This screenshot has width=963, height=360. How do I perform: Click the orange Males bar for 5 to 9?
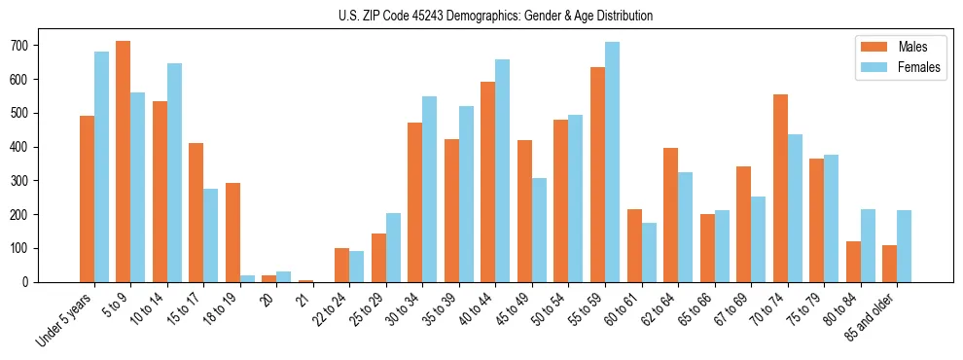pos(123,162)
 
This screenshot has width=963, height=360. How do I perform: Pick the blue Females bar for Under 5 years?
pos(101,166)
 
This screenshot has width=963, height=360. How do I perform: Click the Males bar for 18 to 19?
pos(232,233)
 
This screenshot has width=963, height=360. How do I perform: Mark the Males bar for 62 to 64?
pos(670,215)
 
